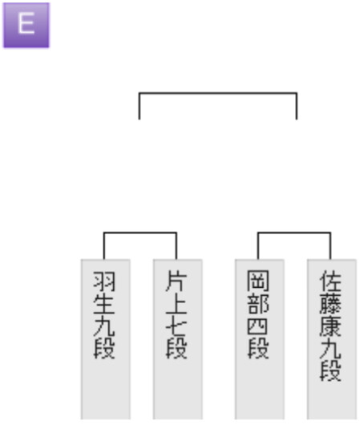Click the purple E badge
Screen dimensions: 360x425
26,25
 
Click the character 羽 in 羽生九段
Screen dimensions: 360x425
104,281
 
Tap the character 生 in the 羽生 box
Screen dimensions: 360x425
104,304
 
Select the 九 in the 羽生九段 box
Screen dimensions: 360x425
104,326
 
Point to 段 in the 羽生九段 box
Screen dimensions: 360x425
104,349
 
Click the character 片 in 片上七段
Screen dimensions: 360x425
176,281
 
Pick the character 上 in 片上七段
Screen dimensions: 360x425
176,304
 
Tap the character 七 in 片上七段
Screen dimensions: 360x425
176,326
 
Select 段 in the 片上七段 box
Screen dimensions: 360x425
176,349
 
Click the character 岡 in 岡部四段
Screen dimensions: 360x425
258,281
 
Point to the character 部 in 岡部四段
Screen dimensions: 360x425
258,304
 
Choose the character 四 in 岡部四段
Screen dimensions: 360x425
258,326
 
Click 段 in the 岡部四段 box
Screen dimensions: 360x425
258,349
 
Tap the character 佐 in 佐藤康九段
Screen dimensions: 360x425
330,281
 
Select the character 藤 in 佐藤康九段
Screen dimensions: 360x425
330,304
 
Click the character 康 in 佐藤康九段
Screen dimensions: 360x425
330,326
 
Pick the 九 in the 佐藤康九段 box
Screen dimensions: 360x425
330,349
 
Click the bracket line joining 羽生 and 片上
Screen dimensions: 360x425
140,233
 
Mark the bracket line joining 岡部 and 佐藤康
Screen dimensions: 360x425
294,233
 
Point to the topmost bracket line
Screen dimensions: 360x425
218,93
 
